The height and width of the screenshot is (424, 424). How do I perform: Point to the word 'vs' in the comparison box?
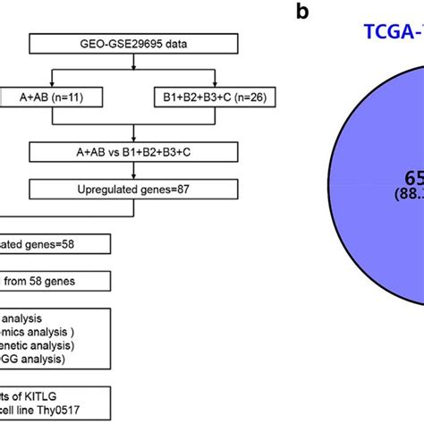125,153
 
